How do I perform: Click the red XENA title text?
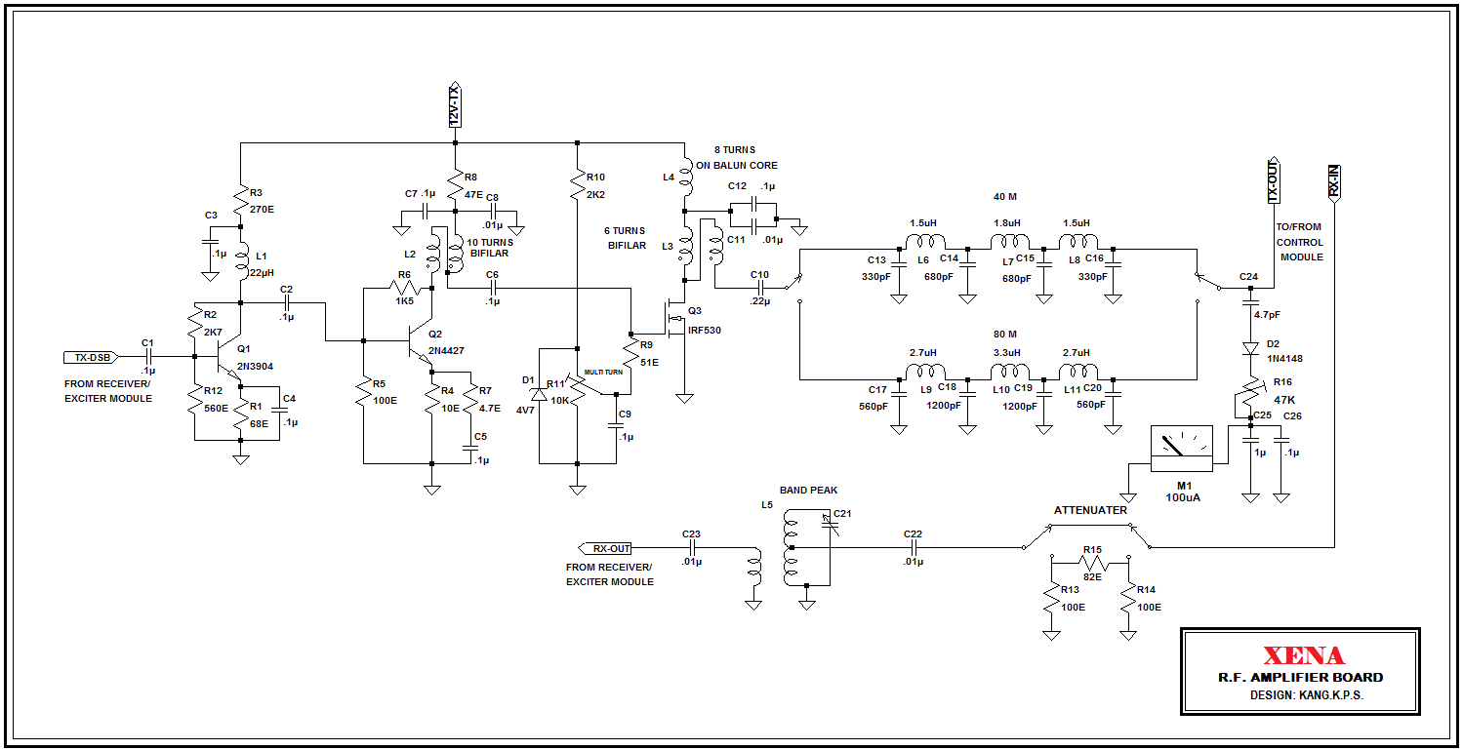tap(1303, 656)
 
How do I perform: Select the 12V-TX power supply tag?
tap(454, 105)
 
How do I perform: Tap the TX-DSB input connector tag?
tap(89, 357)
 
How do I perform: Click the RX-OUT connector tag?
tap(606, 548)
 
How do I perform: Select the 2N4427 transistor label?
tap(447, 351)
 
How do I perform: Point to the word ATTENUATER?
tap(1090, 510)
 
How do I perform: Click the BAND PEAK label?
tap(808, 490)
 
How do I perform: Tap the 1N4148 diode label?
tap(1286, 359)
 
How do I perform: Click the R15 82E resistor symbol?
tap(1090, 563)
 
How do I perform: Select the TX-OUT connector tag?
tap(1273, 182)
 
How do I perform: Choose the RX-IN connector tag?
tap(1334, 182)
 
